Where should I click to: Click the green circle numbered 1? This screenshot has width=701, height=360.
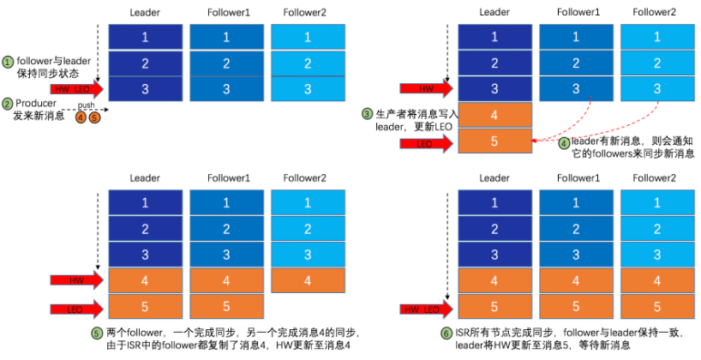8,63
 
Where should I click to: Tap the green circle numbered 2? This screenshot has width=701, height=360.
8,105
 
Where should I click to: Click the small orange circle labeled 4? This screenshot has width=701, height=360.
81,117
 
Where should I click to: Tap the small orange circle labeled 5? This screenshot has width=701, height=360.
94,117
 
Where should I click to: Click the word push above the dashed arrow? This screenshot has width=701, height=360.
86,105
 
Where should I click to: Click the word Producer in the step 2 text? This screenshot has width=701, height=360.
37,105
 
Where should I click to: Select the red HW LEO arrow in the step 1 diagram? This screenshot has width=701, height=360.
76,89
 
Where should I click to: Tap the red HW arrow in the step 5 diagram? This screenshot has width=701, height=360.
76,279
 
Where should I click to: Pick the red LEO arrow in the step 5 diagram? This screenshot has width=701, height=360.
76,307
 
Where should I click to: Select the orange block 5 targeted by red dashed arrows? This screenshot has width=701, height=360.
494,141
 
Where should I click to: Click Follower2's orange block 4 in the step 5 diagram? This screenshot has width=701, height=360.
307,279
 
